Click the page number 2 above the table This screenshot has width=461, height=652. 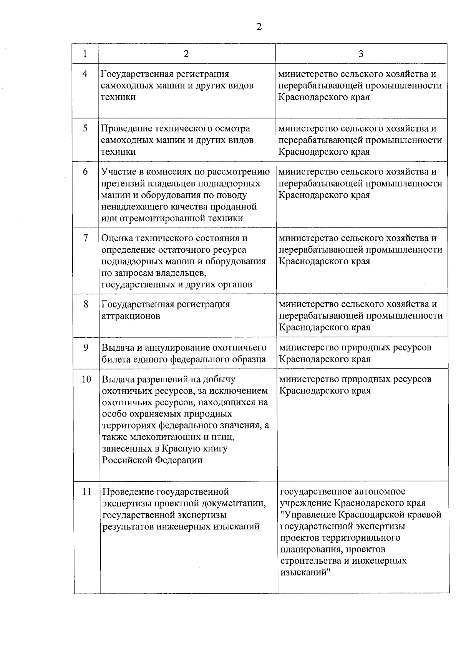point(259,27)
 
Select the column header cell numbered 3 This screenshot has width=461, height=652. point(361,54)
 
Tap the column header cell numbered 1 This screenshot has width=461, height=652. point(85,54)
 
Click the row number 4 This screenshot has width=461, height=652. point(85,74)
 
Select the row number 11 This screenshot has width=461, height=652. point(87,491)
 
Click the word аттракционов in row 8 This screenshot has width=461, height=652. point(131,316)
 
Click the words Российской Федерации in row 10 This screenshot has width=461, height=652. point(152,460)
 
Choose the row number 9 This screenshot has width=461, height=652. point(86,347)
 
